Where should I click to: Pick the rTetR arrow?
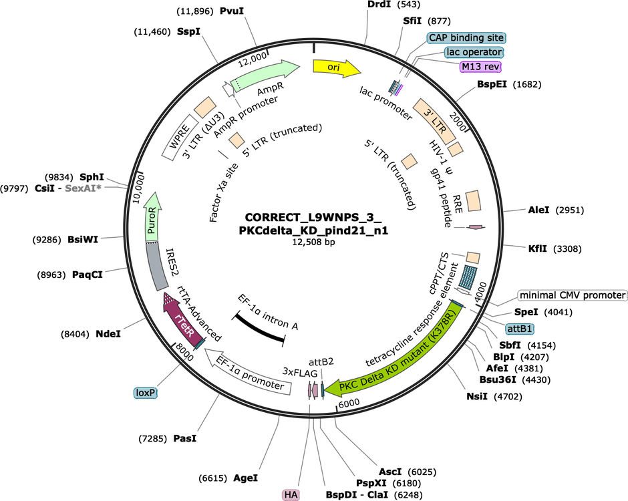click(x=182, y=321)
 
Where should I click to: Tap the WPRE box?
click(x=180, y=138)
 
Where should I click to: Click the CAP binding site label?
click(x=466, y=37)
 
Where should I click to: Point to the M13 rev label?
click(x=480, y=67)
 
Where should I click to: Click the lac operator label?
click(x=474, y=52)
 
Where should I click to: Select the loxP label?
click(x=145, y=393)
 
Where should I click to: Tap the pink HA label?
click(x=291, y=495)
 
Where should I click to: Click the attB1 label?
click(x=520, y=329)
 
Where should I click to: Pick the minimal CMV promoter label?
click(x=573, y=295)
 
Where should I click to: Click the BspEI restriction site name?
click(x=492, y=84)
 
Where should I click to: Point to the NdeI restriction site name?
click(x=108, y=333)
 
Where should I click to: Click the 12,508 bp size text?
click(x=313, y=242)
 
